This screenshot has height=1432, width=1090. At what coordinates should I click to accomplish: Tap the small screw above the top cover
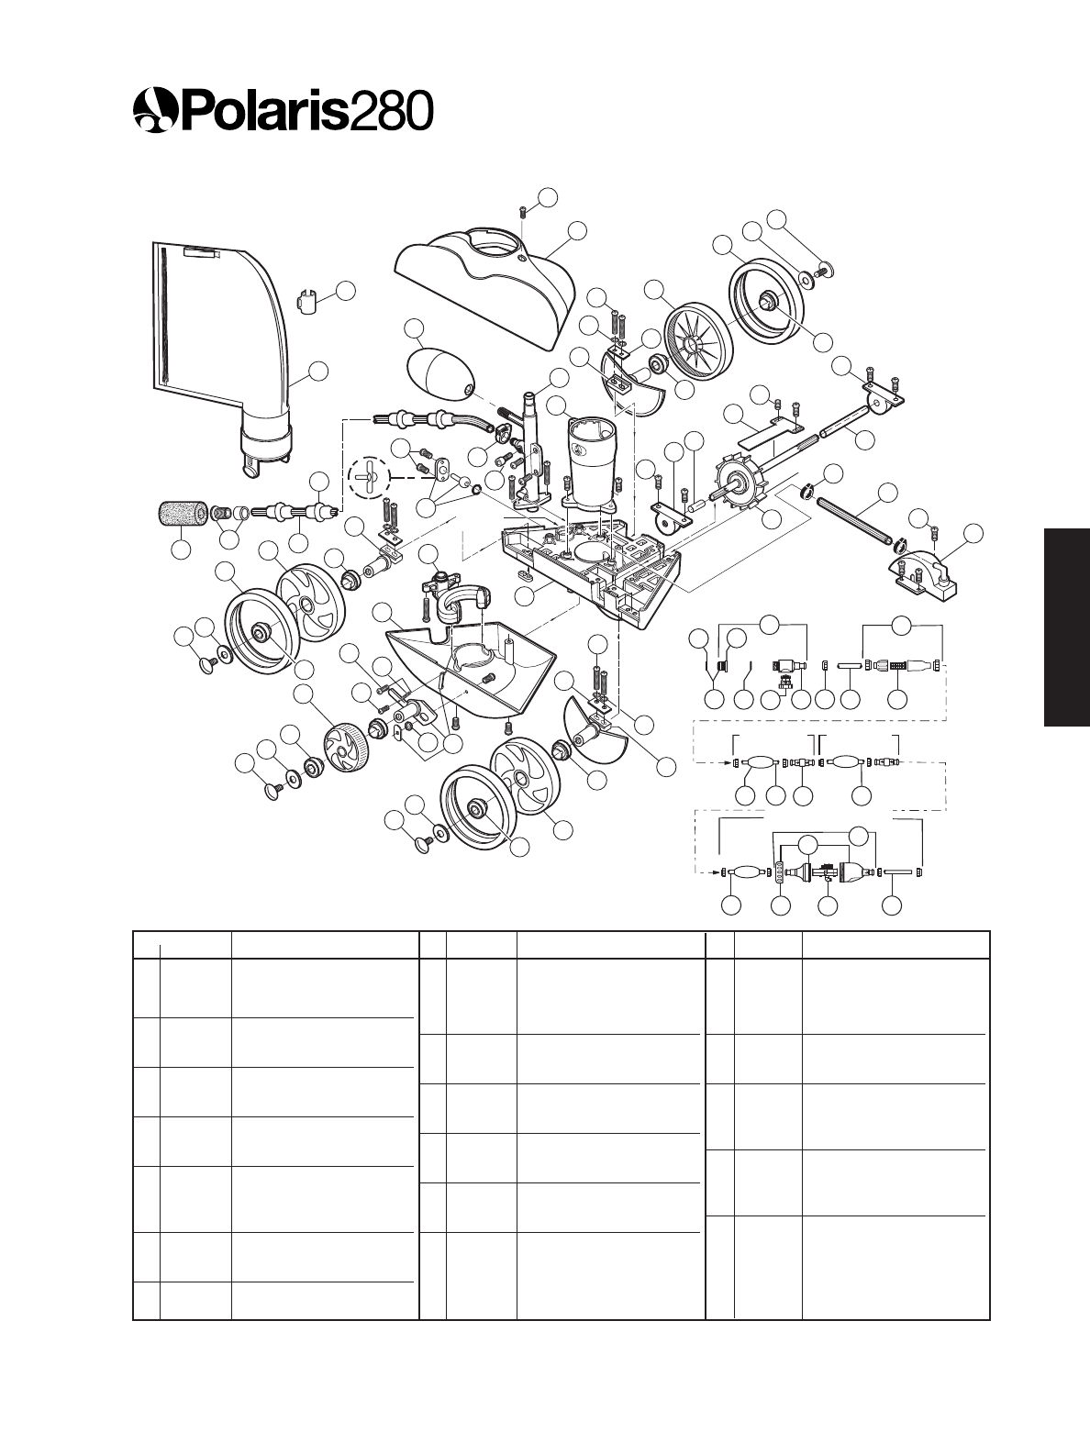(523, 212)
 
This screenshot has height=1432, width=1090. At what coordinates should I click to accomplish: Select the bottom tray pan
(468, 670)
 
